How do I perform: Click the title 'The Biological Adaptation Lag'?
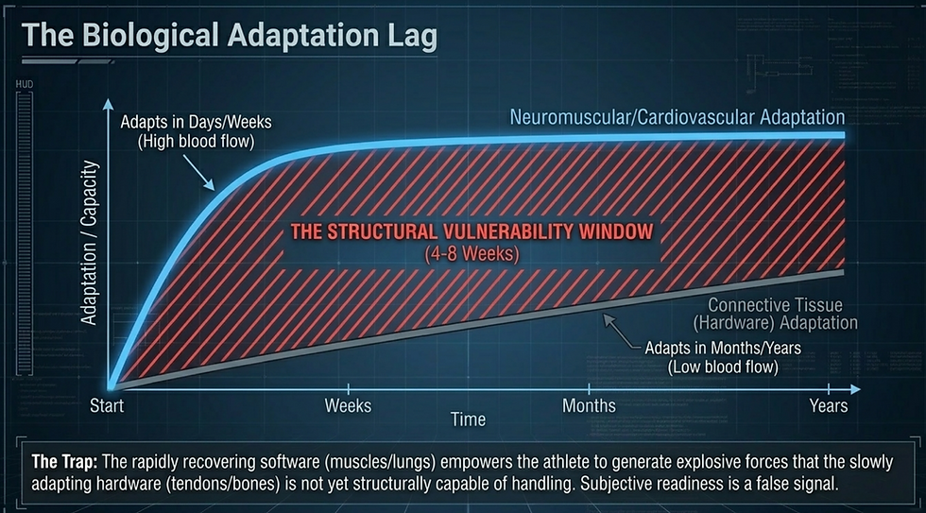(x=229, y=36)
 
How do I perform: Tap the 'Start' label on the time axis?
(x=109, y=406)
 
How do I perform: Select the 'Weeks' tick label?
(x=348, y=406)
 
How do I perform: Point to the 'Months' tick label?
(x=589, y=406)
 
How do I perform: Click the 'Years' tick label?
(x=828, y=406)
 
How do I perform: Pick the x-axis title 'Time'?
(x=468, y=419)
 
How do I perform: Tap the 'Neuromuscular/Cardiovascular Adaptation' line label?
(x=677, y=118)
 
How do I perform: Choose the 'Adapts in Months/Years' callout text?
(x=723, y=349)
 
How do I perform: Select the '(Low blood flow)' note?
(x=723, y=367)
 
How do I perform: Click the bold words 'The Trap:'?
(x=60, y=462)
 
